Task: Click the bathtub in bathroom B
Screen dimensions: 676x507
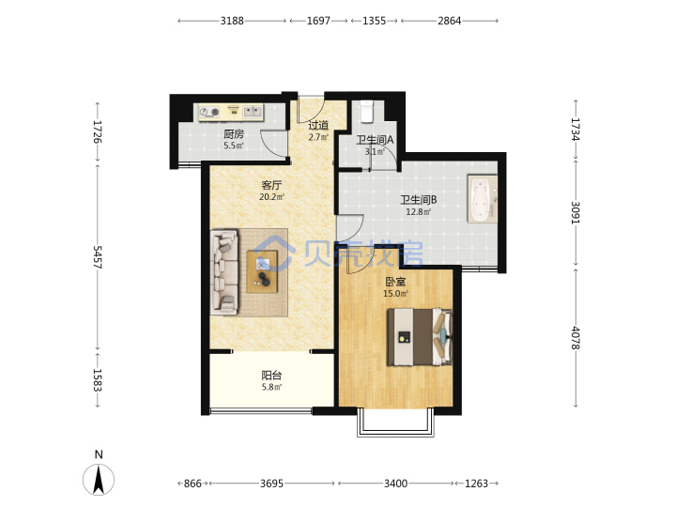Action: (x=482, y=199)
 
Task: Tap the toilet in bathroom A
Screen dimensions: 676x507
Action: (x=367, y=111)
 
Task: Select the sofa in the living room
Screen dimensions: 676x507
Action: (x=223, y=272)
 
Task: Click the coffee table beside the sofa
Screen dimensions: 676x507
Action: (x=262, y=272)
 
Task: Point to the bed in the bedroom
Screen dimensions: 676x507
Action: (x=420, y=337)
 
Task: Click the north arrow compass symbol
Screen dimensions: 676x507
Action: (x=99, y=480)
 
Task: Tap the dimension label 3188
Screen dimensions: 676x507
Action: (x=232, y=21)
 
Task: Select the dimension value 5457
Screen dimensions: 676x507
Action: (x=98, y=257)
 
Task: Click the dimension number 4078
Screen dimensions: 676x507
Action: (x=576, y=338)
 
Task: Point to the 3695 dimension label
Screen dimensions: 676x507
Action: (x=271, y=484)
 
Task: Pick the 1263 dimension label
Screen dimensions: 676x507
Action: (x=476, y=484)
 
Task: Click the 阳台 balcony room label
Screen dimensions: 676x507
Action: (x=271, y=376)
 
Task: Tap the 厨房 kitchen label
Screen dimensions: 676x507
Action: (x=234, y=134)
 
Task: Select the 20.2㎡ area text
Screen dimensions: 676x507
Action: (x=271, y=197)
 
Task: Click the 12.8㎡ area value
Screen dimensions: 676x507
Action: (x=419, y=211)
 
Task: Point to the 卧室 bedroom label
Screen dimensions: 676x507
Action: (x=395, y=282)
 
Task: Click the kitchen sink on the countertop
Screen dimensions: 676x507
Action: (x=253, y=112)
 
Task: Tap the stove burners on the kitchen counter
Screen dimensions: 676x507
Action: (x=209, y=113)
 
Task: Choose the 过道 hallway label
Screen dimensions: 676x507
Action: (x=318, y=126)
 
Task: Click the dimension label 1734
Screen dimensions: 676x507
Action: (x=576, y=130)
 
